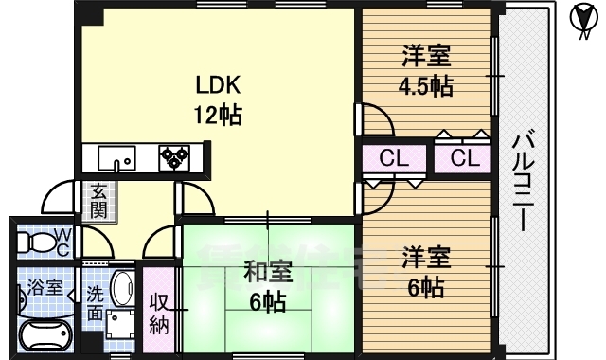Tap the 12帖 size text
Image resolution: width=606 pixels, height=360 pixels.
(x=219, y=116)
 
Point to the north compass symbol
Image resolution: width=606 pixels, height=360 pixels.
(x=585, y=20)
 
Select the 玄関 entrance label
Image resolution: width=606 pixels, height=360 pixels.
(x=98, y=200)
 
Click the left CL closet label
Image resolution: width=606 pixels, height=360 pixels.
(x=393, y=158)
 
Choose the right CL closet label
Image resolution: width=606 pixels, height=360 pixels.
(x=464, y=158)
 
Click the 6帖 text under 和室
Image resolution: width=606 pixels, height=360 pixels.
(x=264, y=303)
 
